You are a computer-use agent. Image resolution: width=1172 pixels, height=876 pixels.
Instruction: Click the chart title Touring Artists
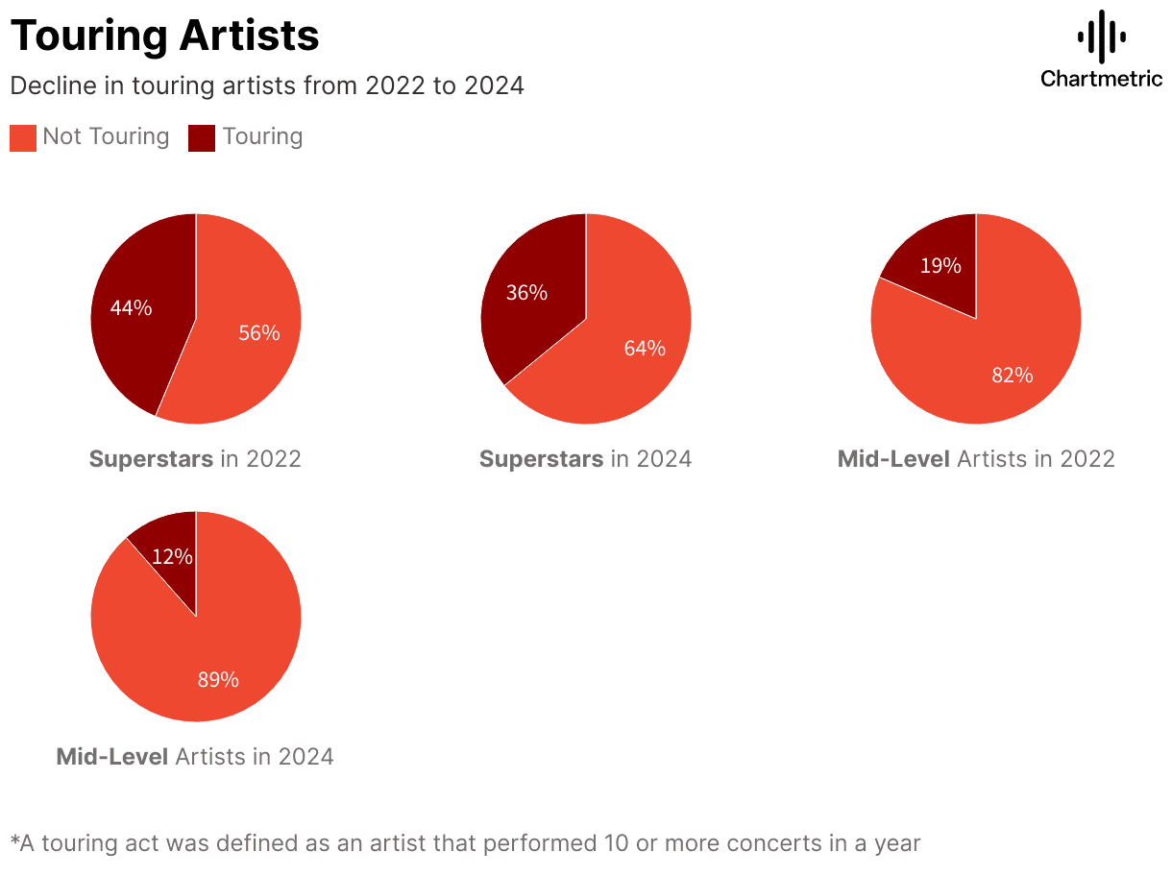click(x=164, y=36)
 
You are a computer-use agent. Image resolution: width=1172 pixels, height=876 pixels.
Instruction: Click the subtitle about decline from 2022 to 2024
click(x=266, y=85)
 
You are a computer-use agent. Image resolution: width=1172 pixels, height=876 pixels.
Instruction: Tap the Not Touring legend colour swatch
click(x=23, y=137)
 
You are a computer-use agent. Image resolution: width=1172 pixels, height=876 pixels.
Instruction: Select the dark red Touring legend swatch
click(x=202, y=137)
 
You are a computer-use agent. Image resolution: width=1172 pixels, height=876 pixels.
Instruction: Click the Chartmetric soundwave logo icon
click(x=1101, y=36)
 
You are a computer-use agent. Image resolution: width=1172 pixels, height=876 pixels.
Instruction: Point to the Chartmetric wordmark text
click(x=1101, y=79)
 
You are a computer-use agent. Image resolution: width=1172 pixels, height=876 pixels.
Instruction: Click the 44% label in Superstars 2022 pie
click(x=131, y=308)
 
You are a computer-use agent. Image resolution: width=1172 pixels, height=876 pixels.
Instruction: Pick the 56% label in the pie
click(x=259, y=333)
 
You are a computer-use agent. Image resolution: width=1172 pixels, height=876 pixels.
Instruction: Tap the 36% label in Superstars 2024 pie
click(x=526, y=292)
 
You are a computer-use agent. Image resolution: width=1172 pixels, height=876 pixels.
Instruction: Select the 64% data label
click(x=645, y=348)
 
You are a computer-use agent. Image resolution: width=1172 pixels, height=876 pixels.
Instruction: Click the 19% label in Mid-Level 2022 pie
click(x=940, y=266)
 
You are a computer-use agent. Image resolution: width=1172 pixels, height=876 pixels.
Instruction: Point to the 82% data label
click(x=1013, y=376)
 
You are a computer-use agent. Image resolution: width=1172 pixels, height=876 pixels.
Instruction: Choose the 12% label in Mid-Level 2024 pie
click(x=172, y=556)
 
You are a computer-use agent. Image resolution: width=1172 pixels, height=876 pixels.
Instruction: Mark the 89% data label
click(x=218, y=679)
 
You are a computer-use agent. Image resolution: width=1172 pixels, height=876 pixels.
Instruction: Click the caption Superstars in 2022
click(x=195, y=459)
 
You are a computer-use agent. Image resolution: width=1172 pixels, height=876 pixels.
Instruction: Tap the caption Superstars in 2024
click(x=585, y=459)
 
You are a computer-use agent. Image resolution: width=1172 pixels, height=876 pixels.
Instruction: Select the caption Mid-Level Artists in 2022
click(x=976, y=459)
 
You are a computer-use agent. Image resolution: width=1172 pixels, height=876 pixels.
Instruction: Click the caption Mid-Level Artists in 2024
click(x=195, y=757)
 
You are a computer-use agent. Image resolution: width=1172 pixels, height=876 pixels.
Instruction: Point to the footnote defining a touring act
click(x=465, y=843)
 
